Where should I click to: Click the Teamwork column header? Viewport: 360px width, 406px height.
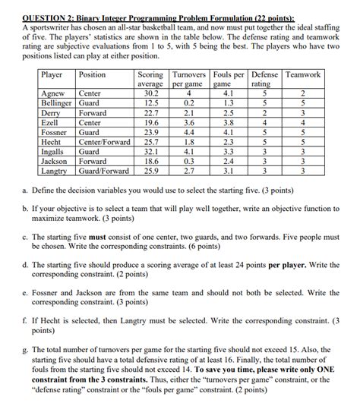[x=303, y=75]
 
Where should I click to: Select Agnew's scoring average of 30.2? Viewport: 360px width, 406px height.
[x=150, y=93]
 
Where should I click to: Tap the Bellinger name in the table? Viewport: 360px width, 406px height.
[x=56, y=102]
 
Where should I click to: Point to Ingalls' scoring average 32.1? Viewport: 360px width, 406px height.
[x=150, y=152]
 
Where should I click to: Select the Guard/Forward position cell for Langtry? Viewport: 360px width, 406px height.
[x=103, y=172]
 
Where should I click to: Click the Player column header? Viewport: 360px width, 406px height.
[x=52, y=75]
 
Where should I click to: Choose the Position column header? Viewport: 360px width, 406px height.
[x=93, y=75]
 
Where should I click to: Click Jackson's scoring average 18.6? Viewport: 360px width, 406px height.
[x=150, y=162]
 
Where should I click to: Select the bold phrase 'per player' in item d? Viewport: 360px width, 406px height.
[x=280, y=266]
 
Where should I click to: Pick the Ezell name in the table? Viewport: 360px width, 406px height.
[x=49, y=122]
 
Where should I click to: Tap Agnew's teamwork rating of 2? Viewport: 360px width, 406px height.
[x=303, y=93]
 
